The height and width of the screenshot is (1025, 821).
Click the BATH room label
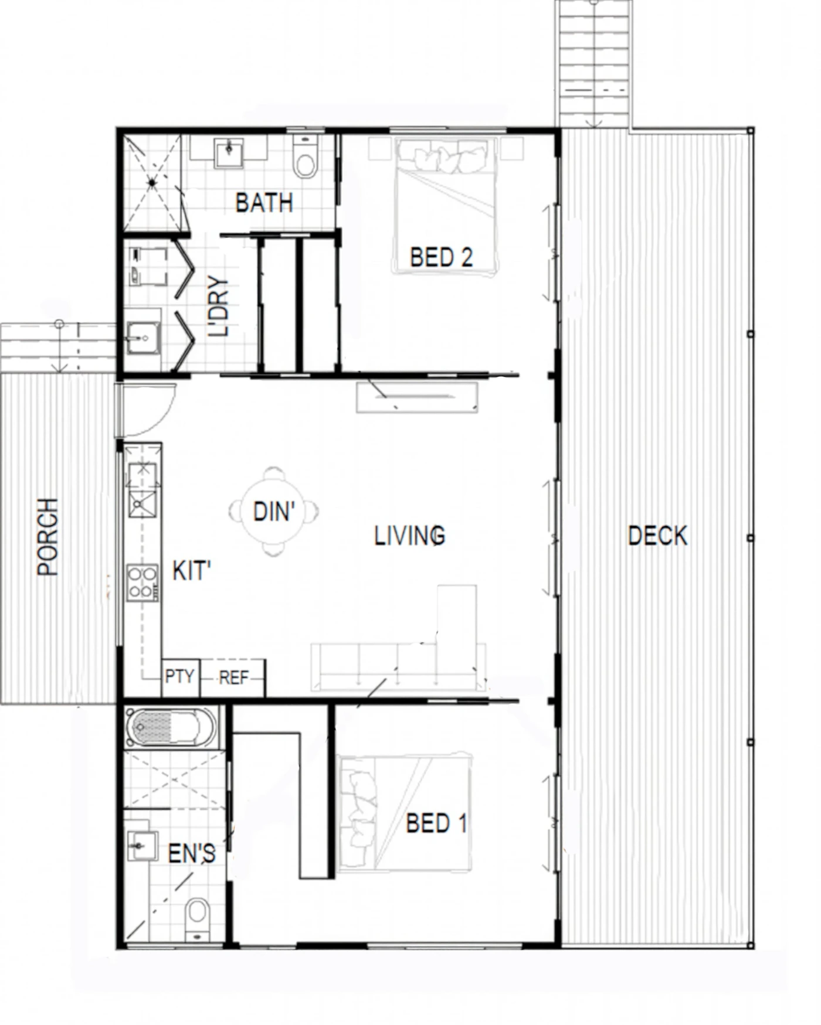264,203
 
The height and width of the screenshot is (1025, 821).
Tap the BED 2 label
441,257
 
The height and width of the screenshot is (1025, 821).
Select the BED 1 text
436,823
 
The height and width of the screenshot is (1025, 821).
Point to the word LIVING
410,536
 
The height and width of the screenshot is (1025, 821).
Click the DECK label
657,536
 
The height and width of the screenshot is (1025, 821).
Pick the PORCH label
48,537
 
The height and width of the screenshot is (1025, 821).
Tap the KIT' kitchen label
191,571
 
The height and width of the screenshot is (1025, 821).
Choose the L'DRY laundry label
218,306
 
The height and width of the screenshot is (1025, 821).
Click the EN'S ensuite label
191,854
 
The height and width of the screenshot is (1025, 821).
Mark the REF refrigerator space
233,678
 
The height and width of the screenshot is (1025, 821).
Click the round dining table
273,512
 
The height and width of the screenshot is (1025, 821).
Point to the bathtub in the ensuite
170,728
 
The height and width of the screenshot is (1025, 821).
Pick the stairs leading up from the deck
595,63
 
